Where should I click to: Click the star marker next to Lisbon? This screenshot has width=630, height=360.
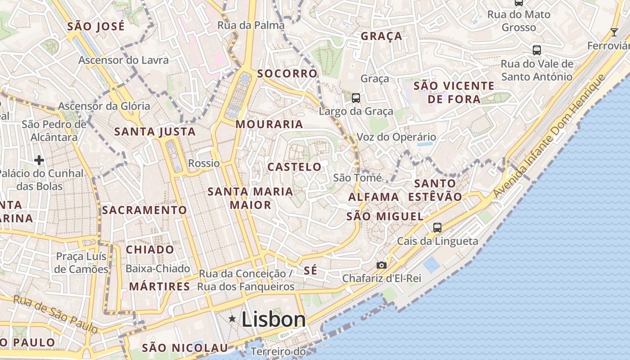tap(232, 319)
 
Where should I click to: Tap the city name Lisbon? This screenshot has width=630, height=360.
tap(274, 319)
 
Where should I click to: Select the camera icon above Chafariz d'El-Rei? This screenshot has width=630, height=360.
tap(382, 265)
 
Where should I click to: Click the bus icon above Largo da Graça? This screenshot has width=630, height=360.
tap(356, 98)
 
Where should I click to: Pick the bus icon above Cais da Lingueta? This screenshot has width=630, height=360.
tap(437, 227)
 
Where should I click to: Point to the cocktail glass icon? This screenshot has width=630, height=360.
tap(614, 32)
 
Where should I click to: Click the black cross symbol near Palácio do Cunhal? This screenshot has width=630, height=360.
tap(39, 160)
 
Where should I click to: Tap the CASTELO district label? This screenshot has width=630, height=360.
tap(295, 167)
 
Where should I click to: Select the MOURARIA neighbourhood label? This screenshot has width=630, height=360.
tap(269, 124)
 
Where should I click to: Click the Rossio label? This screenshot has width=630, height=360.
tap(204, 163)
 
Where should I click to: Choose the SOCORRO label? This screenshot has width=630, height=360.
tap(287, 73)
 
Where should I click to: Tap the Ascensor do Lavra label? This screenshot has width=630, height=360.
tap(124, 60)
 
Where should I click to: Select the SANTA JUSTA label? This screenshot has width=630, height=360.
tap(155, 132)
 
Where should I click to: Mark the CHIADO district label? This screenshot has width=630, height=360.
tap(150, 249)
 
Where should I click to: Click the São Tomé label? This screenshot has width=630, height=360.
tap(357, 178)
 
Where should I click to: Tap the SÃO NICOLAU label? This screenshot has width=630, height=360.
tap(185, 348)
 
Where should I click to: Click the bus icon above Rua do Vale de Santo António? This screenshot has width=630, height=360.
tap(536, 50)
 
